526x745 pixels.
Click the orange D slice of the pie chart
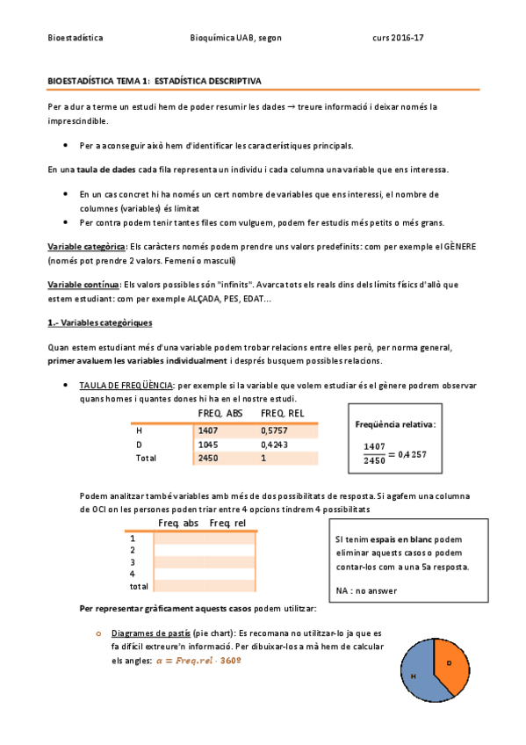click(452, 663)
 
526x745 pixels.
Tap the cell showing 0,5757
click(274, 430)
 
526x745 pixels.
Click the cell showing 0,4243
click(274, 445)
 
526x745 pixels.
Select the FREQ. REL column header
click(284, 414)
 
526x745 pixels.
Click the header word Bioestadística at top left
click(75, 39)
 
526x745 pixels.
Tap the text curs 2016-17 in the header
click(398, 39)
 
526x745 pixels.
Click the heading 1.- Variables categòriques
click(99, 323)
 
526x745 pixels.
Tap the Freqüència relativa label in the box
click(395, 424)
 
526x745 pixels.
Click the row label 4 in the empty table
click(133, 573)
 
